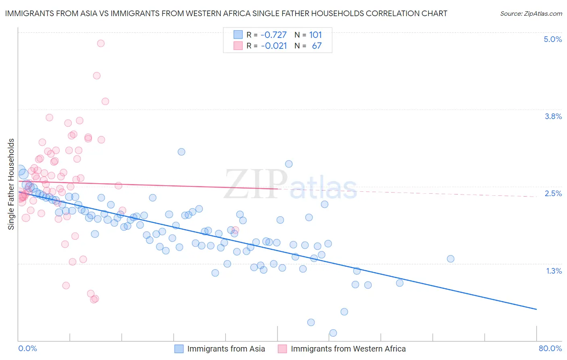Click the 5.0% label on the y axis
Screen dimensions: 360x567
click(552, 39)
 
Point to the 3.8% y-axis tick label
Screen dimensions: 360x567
click(553, 116)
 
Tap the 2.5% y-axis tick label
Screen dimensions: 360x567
click(553, 193)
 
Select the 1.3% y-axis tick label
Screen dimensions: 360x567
click(554, 271)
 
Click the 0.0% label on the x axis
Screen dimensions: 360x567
click(27, 348)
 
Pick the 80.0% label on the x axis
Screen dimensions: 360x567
click(550, 348)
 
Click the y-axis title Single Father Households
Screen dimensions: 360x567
click(11, 184)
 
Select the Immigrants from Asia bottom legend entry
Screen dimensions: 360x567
click(220, 349)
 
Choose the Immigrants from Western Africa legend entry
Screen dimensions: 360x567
click(342, 349)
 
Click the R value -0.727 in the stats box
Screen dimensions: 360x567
click(273, 35)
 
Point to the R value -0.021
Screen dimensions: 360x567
click(273, 46)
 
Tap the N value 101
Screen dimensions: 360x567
click(315, 35)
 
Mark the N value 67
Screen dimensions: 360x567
click(317, 46)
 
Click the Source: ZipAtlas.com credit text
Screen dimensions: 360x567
click(531, 13)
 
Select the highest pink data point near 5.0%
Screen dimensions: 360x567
click(101, 43)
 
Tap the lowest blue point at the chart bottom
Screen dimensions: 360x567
click(333, 333)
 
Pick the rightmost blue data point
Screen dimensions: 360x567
click(450, 259)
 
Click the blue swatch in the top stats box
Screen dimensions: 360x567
click(238, 35)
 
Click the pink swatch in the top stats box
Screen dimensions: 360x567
click(238, 46)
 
